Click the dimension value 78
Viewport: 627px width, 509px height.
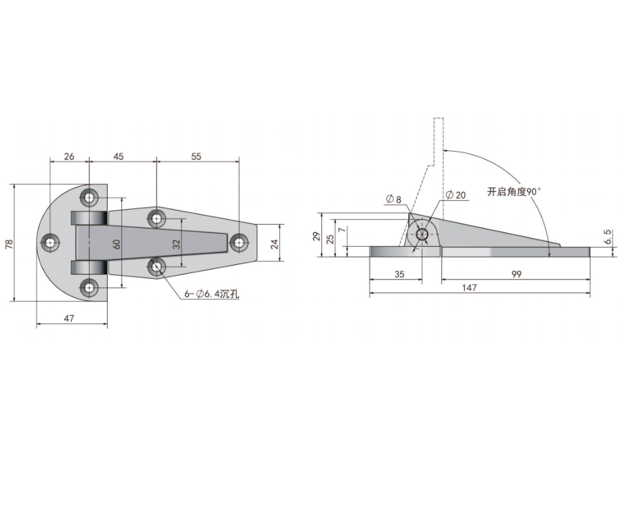pos(10,243)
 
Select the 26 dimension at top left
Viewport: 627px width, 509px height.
pos(69,157)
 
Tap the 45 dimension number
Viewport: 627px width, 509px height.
pos(119,157)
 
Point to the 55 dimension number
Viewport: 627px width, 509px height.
pos(196,157)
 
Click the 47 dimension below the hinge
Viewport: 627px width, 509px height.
pos(69,318)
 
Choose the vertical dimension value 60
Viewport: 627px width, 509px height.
pos(117,243)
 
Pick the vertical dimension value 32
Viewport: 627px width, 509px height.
pos(177,243)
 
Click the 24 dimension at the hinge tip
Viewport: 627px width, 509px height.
pos(274,244)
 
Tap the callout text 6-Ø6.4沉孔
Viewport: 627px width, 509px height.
pos(212,295)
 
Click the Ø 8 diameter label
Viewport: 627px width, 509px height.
pos(394,199)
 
